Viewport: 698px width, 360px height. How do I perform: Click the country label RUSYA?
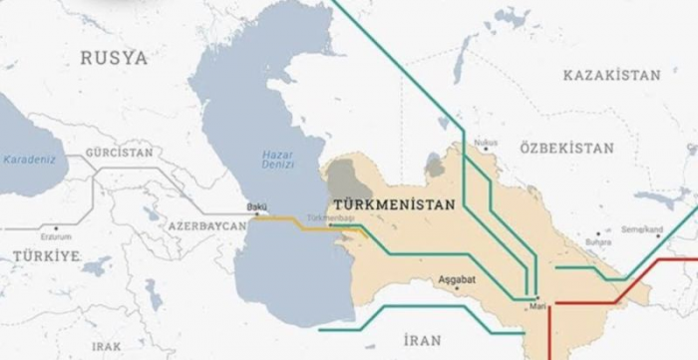113,58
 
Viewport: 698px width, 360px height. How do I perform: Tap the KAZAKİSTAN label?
611,75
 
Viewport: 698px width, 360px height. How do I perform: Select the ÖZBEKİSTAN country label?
565,147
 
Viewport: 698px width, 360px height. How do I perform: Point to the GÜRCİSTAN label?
120,153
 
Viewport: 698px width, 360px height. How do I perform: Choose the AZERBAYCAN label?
206,227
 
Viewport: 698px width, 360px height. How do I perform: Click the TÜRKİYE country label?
46,256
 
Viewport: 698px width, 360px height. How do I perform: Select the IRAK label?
106,345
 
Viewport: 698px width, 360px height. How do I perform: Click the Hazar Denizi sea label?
276,161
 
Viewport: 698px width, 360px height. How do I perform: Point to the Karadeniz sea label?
30,159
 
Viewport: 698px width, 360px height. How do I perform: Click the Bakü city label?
256,208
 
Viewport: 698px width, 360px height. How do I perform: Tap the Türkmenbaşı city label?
331,216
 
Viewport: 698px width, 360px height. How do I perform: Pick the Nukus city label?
486,143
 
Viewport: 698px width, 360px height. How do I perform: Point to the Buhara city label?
598,240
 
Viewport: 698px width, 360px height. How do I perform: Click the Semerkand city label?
643,229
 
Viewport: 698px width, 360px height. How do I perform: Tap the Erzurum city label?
56,237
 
